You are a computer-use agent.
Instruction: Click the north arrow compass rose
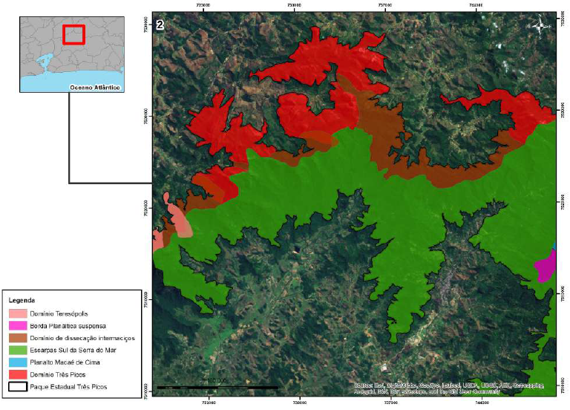pyautogui.click(x=542, y=27)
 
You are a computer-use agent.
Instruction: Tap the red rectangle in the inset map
pyautogui.click(x=73, y=35)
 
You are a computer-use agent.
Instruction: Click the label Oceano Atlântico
pyautogui.click(x=94, y=87)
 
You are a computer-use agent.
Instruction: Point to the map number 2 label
pyautogui.click(x=159, y=25)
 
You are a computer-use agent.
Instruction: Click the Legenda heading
pyautogui.click(x=22, y=300)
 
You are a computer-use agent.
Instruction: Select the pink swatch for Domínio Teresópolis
pyautogui.click(x=17, y=314)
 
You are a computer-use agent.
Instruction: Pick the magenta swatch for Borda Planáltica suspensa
pyautogui.click(x=17, y=326)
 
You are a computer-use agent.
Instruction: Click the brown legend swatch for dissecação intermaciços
pyautogui.click(x=17, y=338)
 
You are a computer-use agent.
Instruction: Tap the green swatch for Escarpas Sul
pyautogui.click(x=17, y=350)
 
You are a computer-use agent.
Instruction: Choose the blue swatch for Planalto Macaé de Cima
pyautogui.click(x=17, y=362)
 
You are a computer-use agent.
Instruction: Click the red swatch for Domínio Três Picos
pyautogui.click(x=17, y=374)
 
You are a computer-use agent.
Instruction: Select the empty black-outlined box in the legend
pyautogui.click(x=17, y=387)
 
